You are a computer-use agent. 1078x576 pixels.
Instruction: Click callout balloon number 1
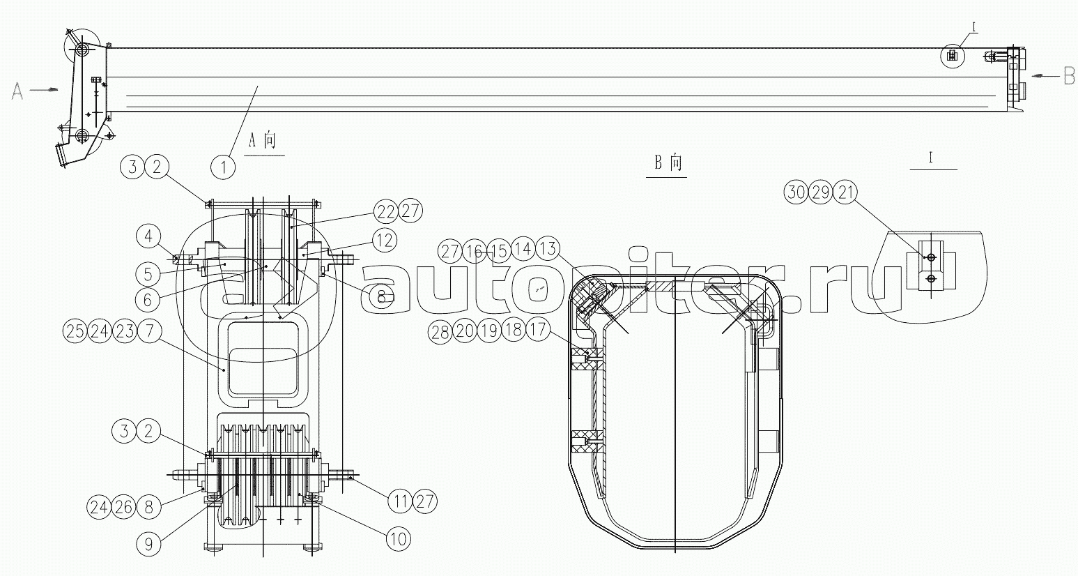click(x=223, y=167)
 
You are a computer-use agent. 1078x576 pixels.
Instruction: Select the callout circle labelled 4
click(x=148, y=236)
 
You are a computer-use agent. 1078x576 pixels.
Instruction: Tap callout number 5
click(x=148, y=274)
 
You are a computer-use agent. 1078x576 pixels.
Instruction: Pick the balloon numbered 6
click(x=148, y=301)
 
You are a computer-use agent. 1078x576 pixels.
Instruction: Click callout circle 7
click(x=150, y=331)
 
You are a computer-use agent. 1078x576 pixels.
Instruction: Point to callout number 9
click(x=148, y=544)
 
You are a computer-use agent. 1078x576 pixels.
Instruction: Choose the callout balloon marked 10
click(x=399, y=538)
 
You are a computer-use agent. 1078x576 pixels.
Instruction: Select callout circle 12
click(x=385, y=239)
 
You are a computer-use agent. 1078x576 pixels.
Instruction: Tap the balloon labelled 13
click(x=548, y=248)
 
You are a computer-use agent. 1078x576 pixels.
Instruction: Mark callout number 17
click(x=537, y=329)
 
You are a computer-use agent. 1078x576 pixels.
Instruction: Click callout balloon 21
click(x=845, y=192)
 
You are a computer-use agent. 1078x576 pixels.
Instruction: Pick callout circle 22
click(x=386, y=211)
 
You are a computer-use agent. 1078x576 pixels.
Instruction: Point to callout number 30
click(x=796, y=192)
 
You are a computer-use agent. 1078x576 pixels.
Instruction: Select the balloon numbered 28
click(x=440, y=332)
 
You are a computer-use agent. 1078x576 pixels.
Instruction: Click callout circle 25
click(x=75, y=331)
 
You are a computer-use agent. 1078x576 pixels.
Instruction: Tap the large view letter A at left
click(x=17, y=91)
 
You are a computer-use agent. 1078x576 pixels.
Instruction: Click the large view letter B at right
click(x=1069, y=76)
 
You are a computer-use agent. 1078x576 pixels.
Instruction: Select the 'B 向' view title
click(x=668, y=163)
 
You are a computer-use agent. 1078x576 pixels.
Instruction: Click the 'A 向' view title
click(x=263, y=141)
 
